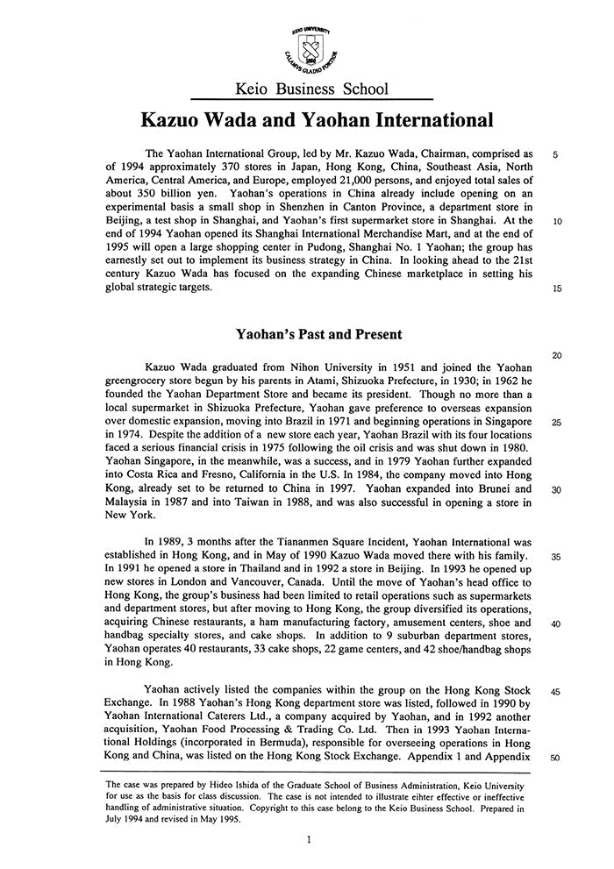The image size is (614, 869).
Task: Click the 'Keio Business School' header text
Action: pyautogui.click(x=312, y=89)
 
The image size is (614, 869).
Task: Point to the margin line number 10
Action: pyautogui.click(x=558, y=222)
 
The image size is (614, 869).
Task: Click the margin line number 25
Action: pyautogui.click(x=558, y=422)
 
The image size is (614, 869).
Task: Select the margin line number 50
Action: pyautogui.click(x=558, y=758)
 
